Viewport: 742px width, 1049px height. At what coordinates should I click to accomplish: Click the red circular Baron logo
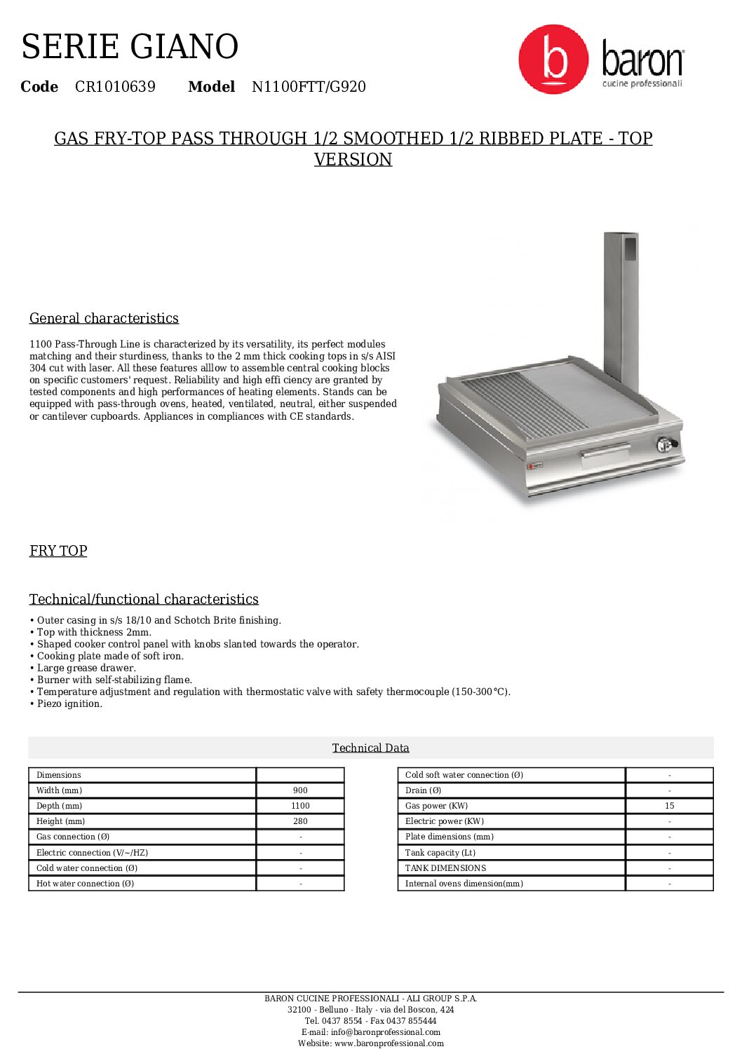(x=553, y=59)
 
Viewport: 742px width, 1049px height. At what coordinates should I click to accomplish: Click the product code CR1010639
(x=115, y=87)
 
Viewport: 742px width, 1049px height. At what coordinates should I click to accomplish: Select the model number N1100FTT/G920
(x=309, y=87)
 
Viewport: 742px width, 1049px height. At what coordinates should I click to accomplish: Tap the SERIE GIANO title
(x=130, y=47)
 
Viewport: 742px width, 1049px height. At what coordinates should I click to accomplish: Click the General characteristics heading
(x=104, y=318)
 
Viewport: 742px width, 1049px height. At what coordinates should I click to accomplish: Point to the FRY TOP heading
(x=58, y=551)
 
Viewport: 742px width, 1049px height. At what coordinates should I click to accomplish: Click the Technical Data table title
(x=370, y=748)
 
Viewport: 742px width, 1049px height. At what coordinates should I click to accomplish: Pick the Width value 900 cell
(x=300, y=790)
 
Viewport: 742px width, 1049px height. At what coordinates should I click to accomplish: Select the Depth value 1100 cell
(x=300, y=806)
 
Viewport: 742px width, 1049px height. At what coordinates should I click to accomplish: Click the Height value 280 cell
(x=300, y=821)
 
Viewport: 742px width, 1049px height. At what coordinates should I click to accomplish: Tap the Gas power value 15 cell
(x=669, y=806)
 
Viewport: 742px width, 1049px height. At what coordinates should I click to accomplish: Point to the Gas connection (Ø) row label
(x=73, y=837)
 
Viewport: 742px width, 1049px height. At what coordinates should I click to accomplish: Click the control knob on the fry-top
(x=663, y=444)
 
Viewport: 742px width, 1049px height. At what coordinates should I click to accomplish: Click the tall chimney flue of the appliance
(x=621, y=301)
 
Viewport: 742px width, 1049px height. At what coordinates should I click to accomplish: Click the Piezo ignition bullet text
(x=69, y=704)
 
